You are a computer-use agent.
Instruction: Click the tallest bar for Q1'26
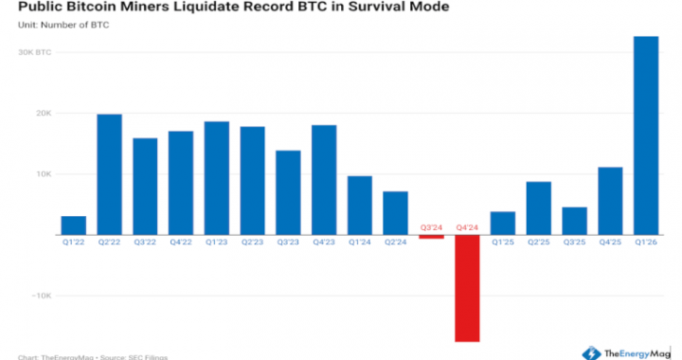[646, 135]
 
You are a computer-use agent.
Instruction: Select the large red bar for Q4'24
[467, 288]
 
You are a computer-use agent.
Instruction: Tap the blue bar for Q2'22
[109, 174]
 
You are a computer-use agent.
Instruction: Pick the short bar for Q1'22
[73, 225]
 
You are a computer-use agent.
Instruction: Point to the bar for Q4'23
[324, 180]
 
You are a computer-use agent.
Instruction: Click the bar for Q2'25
[539, 208]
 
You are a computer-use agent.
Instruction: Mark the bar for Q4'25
[610, 201]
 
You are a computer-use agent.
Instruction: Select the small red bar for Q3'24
[431, 237]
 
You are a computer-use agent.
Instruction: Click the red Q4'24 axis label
[467, 227]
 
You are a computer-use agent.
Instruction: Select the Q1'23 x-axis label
[216, 243]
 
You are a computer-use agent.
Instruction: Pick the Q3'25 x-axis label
[575, 243]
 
